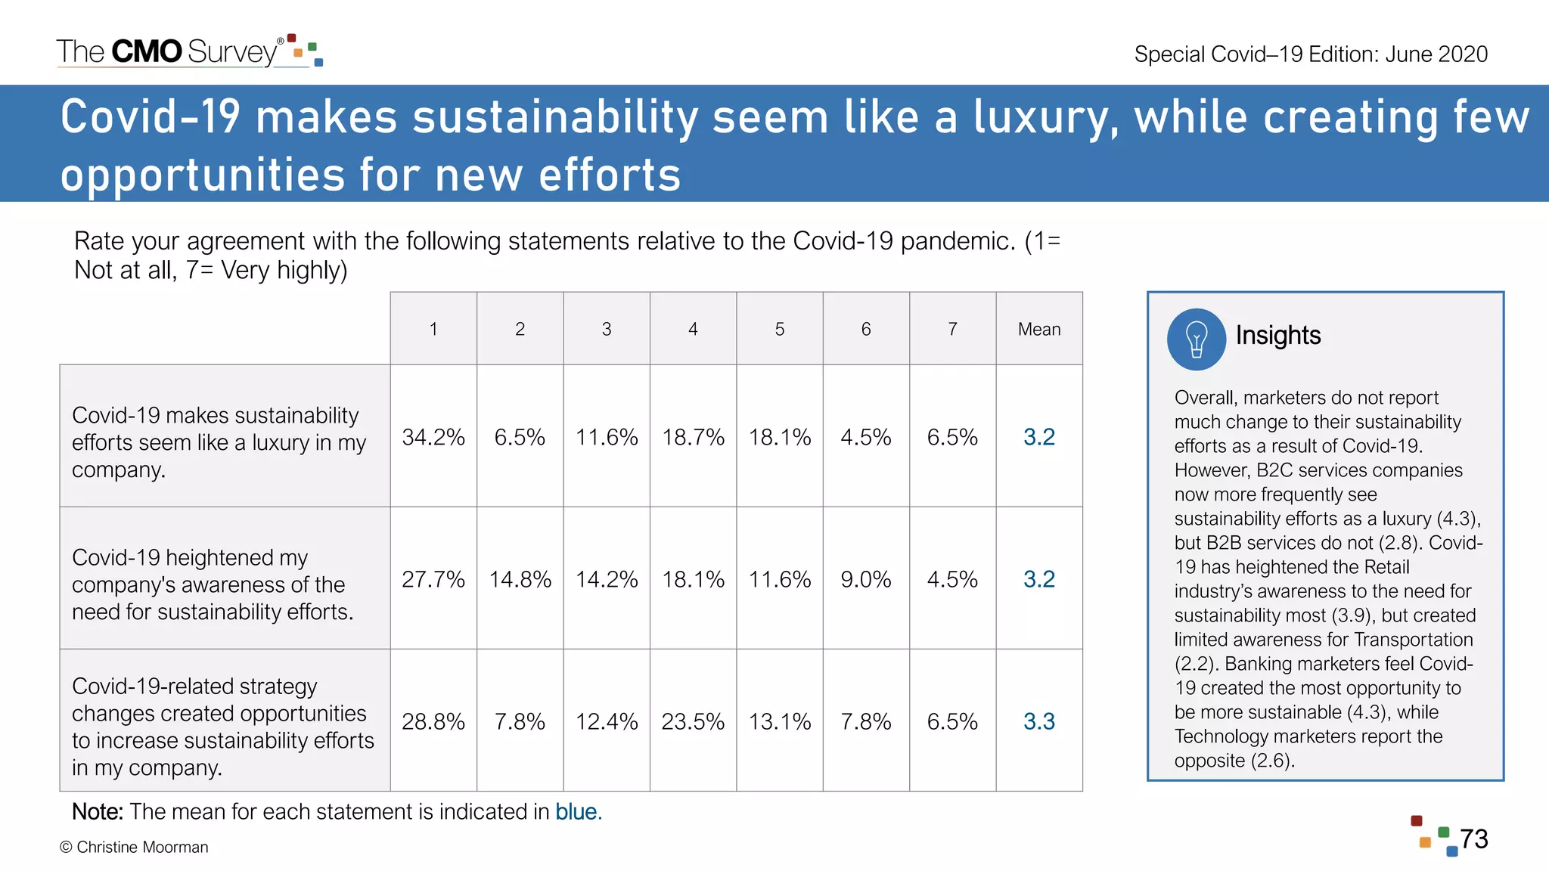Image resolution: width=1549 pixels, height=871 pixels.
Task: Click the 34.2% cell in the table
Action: (433, 437)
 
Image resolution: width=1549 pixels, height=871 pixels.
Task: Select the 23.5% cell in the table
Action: (693, 721)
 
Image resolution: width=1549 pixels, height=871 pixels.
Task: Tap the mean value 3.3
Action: (1038, 721)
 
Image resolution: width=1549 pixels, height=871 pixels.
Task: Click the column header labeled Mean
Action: (1038, 329)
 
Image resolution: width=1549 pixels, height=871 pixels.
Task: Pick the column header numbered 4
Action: (693, 329)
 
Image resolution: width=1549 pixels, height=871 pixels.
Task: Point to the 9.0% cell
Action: (865, 579)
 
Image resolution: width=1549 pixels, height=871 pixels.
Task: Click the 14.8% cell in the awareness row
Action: (520, 579)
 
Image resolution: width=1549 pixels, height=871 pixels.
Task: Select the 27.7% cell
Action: (433, 579)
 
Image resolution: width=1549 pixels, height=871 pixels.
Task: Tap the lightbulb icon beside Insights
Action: (1196, 339)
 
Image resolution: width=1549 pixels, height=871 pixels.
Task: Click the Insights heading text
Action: (1277, 335)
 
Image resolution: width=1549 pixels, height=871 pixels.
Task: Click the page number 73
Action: (1473, 839)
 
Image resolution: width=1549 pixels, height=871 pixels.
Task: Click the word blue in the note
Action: (576, 812)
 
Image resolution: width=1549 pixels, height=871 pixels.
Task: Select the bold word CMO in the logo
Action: (147, 51)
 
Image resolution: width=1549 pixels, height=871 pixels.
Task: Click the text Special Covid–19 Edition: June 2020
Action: (1311, 54)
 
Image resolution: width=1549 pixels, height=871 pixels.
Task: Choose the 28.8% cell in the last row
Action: (433, 721)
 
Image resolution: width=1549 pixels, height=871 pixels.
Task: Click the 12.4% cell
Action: (607, 721)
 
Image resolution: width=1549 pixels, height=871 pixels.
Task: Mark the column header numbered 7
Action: (952, 329)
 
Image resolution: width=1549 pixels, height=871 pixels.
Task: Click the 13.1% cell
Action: (779, 721)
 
